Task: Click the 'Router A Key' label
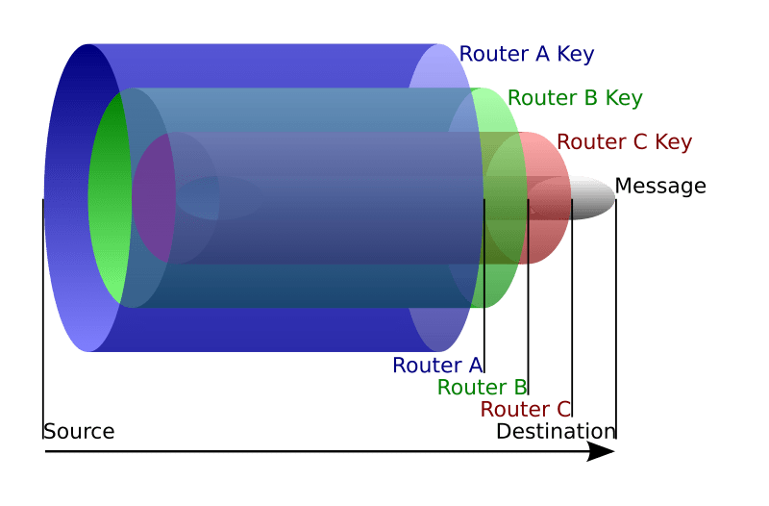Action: [526, 54]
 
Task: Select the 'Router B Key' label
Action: [574, 98]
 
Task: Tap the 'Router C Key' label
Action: [624, 142]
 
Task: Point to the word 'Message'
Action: [659, 186]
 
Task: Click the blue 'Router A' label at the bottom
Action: [437, 366]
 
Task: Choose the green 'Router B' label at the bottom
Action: [482, 388]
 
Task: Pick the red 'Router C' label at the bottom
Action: [526, 410]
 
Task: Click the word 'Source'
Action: [78, 431]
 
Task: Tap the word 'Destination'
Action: [555, 431]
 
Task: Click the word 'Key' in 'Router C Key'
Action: [674, 142]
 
